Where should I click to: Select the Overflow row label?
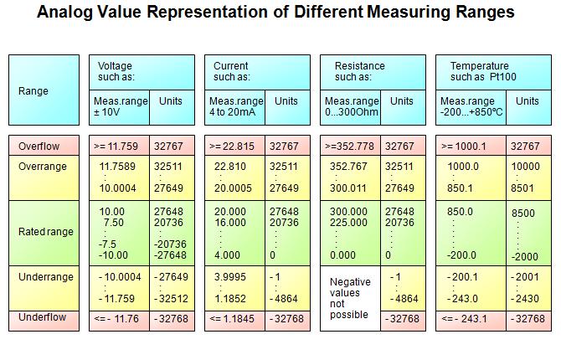39,147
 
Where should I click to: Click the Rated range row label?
46,231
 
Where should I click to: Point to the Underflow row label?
42,319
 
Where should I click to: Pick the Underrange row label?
46,277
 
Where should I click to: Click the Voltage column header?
116,66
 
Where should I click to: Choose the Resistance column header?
359,66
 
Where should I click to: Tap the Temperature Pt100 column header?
480,71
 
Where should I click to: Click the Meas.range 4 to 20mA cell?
234,106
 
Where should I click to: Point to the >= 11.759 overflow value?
118,147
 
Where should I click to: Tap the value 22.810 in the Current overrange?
230,166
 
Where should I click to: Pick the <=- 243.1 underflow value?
466,319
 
